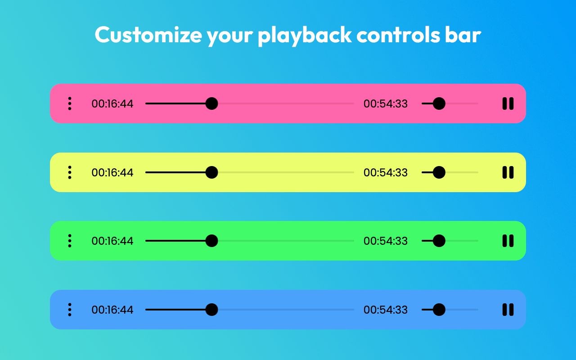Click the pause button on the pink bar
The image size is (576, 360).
[508, 103]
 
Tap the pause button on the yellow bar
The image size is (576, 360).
[508, 172]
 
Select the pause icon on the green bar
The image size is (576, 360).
[508, 241]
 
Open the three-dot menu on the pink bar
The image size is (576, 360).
[70, 103]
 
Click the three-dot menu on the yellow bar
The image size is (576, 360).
[70, 172]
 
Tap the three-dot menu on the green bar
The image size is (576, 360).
[70, 241]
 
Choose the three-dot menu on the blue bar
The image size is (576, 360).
[70, 310]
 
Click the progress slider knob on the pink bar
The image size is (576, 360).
[211, 103]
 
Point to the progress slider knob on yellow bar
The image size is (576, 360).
[211, 172]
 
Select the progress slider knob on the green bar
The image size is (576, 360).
[211, 241]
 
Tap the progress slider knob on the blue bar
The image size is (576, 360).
[211, 310]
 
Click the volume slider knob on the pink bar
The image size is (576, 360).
[439, 103]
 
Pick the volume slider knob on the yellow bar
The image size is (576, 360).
[439, 172]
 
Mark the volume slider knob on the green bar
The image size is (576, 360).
[439, 241]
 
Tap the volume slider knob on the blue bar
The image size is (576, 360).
[439, 310]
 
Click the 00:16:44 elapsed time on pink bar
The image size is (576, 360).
[112, 104]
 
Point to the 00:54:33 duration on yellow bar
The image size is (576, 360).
[386, 172]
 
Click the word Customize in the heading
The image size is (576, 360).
[148, 35]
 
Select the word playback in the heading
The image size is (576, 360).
[305, 36]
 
